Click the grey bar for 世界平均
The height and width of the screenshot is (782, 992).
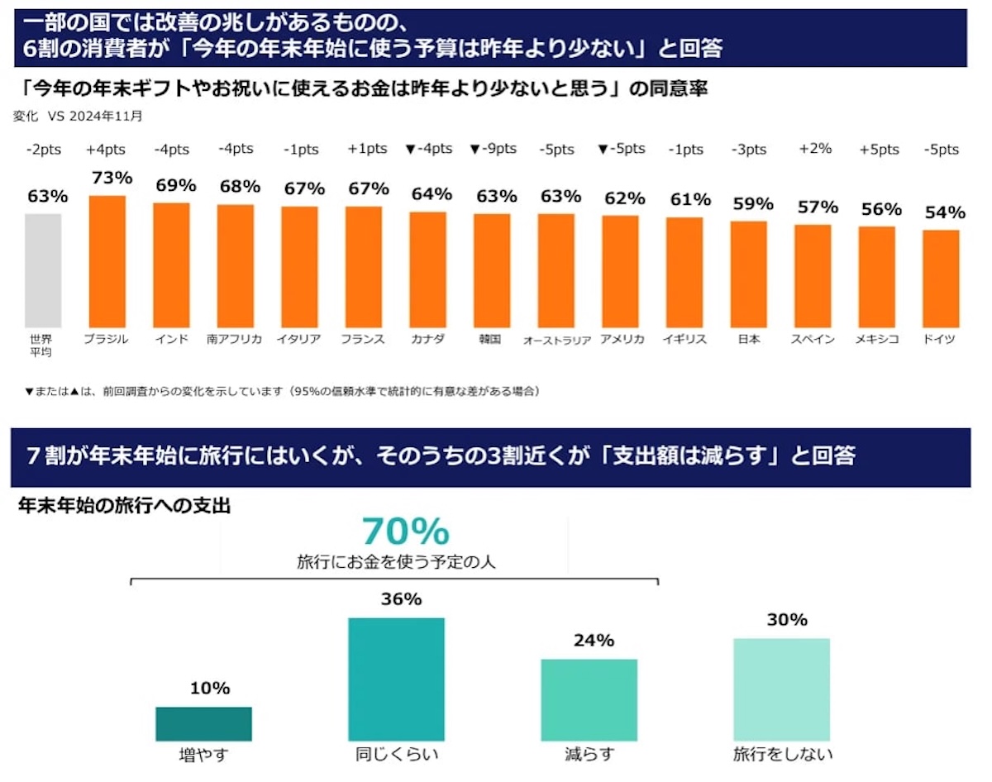tap(43, 270)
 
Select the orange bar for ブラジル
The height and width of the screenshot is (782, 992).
tap(107, 261)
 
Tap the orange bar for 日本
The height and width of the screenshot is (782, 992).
tap(749, 274)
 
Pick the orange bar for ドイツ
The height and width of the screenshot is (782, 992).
tap(941, 279)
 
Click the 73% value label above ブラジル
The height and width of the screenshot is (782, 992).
tap(112, 178)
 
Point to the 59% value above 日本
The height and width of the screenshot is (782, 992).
tap(753, 203)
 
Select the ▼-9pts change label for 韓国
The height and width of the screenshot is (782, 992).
tap(493, 149)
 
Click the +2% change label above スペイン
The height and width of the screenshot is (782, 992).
tap(815, 149)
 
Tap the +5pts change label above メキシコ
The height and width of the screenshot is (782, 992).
tap(879, 150)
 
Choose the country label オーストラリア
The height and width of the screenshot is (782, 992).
tap(557, 341)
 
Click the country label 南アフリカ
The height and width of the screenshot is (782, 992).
tap(234, 339)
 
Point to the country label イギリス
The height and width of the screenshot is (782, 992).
tap(684, 339)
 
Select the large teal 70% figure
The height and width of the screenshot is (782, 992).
tap(406, 532)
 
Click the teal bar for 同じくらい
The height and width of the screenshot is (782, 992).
tap(397, 679)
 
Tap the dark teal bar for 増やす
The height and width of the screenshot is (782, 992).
tap(203, 724)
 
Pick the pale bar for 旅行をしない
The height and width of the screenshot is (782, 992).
tap(782, 689)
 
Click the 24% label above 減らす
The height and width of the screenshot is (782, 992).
tap(594, 641)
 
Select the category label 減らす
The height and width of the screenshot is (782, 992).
tap(589, 755)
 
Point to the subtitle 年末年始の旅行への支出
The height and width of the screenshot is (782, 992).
tap(125, 506)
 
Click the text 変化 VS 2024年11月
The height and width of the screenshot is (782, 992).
tap(78, 116)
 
